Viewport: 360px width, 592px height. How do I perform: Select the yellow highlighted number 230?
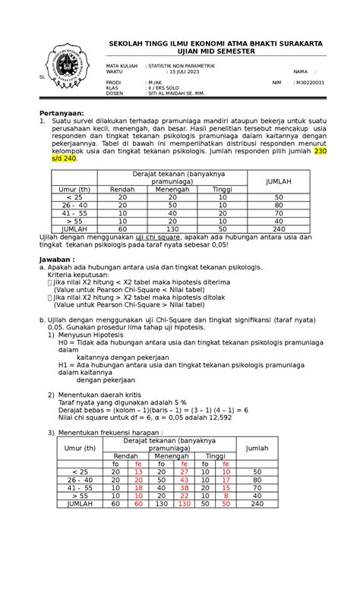(x=320, y=152)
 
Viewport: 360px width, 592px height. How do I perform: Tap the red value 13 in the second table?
(x=138, y=471)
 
